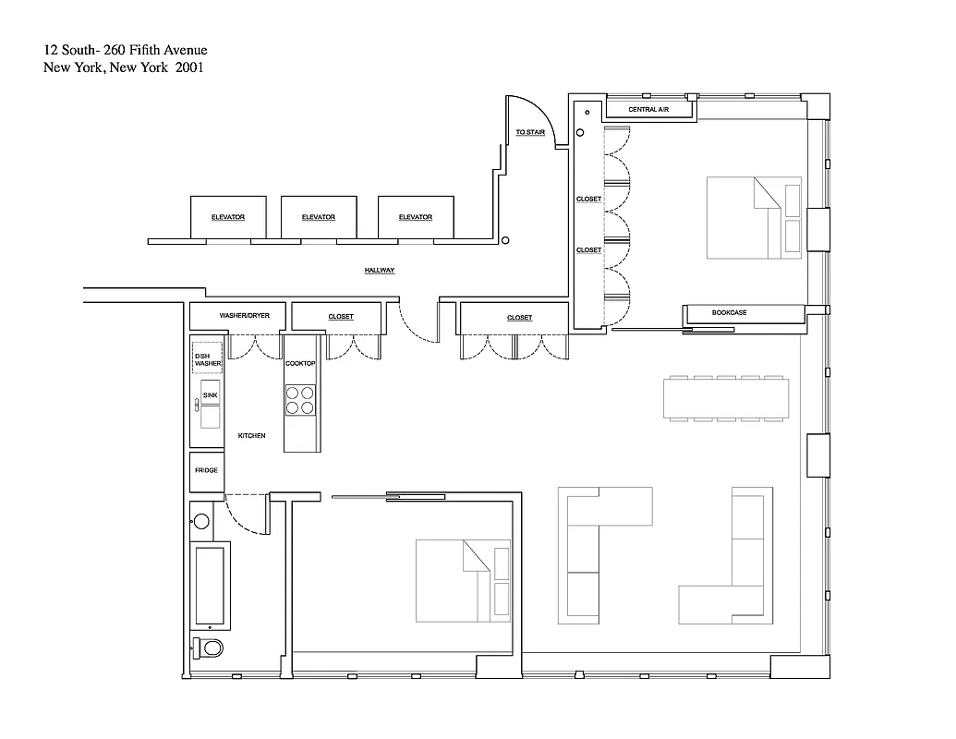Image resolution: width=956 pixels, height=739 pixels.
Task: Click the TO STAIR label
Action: [530, 133]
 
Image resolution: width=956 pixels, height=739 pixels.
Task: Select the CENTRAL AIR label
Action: [648, 110]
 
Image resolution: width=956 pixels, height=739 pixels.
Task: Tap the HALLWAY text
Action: [380, 271]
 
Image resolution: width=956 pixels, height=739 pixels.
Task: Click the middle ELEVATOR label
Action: [319, 217]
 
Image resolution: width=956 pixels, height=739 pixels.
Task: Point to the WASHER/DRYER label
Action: [244, 316]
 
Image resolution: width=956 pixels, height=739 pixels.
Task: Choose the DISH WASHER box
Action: [207, 359]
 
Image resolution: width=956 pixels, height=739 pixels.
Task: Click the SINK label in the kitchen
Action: [210, 395]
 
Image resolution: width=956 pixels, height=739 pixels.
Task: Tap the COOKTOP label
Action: [300, 364]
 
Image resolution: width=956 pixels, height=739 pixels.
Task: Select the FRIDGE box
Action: [206, 471]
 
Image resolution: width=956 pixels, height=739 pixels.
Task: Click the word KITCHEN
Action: [252, 435]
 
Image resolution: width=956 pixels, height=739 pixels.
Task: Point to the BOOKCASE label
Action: [729, 313]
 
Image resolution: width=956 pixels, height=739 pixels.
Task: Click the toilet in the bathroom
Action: [209, 648]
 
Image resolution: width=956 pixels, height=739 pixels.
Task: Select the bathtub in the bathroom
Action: [210, 585]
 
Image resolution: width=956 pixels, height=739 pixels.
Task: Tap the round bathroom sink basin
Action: [201, 522]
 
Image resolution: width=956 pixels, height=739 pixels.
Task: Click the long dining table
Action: [726, 399]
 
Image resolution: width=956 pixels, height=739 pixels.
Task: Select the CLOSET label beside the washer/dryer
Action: [341, 317]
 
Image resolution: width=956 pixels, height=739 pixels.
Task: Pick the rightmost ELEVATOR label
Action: [416, 217]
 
